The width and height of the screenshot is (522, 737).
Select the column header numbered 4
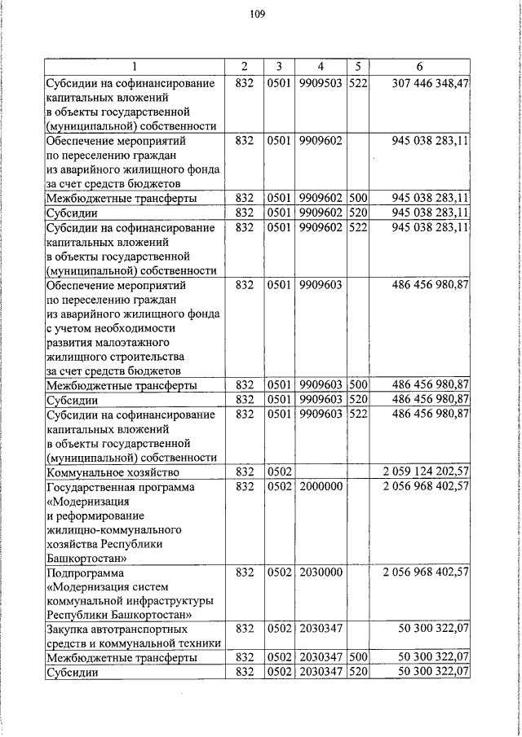point(321,66)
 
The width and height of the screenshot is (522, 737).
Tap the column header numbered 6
point(419,66)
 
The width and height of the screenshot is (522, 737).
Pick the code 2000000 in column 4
point(321,486)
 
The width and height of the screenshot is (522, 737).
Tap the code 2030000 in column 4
point(321,572)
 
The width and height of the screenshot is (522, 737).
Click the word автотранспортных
point(142,630)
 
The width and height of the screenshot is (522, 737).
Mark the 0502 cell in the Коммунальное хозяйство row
point(279,472)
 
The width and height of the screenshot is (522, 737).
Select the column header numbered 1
point(135,66)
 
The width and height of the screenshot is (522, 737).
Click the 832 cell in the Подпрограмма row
point(245,572)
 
